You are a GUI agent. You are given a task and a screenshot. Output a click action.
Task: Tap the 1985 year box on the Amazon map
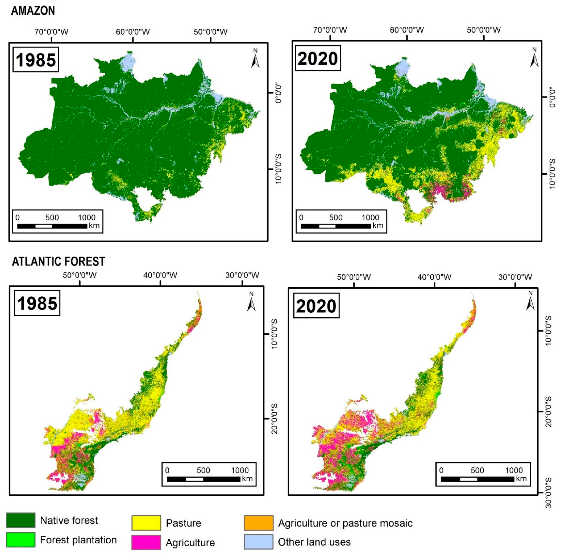pos(36,60)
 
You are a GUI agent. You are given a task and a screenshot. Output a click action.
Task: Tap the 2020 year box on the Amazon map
pos(318,58)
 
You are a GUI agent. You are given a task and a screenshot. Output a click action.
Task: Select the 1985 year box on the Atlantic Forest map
pos(37,303)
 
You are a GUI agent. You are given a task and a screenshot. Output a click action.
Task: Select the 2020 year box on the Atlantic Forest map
pos(316,306)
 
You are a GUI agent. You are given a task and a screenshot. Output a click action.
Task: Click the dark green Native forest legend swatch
pos(21,520)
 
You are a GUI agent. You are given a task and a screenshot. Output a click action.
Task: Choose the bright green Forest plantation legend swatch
pos(21,540)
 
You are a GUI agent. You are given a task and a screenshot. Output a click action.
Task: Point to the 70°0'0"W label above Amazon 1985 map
pos(51,32)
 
